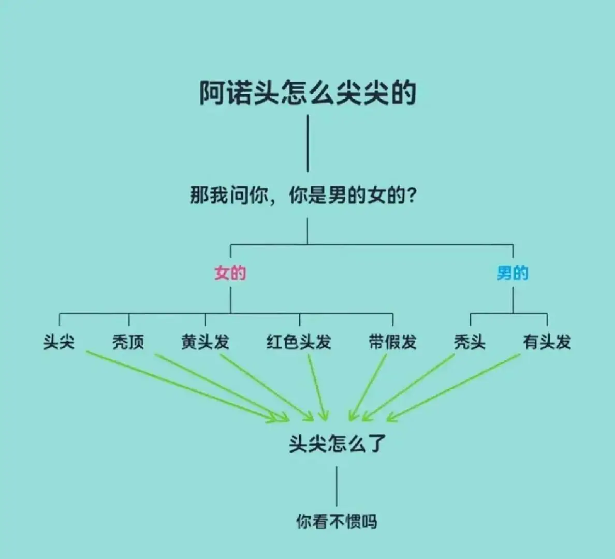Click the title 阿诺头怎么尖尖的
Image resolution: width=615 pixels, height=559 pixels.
click(307, 93)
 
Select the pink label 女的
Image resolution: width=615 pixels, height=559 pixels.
click(230, 273)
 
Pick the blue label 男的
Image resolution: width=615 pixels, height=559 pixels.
click(512, 273)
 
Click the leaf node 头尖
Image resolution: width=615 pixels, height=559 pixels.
click(59, 342)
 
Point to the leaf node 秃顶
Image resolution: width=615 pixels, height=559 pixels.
click(128, 342)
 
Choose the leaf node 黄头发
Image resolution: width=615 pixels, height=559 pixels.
click(205, 342)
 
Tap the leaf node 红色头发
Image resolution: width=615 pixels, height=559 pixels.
click(299, 342)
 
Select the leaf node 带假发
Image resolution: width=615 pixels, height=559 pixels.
click(392, 342)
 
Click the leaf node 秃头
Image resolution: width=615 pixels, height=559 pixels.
click(470, 342)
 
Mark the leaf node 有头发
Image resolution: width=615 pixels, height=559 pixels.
click(547, 342)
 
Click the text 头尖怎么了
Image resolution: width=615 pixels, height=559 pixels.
click(338, 444)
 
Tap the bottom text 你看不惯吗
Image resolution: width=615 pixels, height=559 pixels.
click(336, 522)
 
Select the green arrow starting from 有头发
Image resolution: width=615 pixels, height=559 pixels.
click(453, 388)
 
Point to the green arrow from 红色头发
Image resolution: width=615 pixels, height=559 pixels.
click(317, 388)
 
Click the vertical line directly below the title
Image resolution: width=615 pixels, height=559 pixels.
click(307, 143)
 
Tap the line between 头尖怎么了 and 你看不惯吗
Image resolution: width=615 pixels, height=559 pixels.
click(336, 487)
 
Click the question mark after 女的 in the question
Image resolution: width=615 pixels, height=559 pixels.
click(412, 195)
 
